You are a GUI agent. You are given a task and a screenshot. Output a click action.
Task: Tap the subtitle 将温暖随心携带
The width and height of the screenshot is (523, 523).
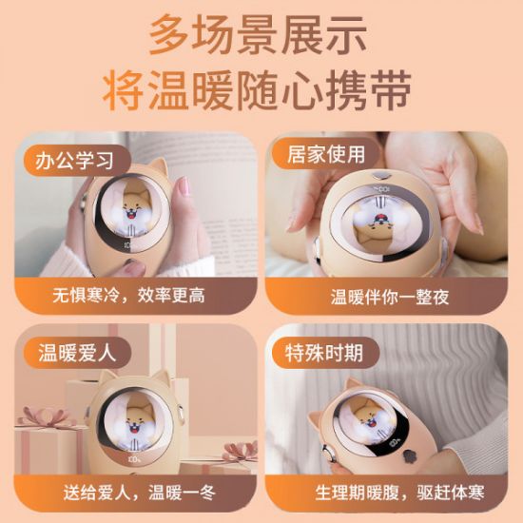261,92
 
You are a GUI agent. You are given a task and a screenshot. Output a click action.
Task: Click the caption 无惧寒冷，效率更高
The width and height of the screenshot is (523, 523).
128,295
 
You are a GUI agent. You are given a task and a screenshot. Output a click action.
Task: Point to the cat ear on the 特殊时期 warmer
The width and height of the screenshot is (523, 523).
354,385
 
